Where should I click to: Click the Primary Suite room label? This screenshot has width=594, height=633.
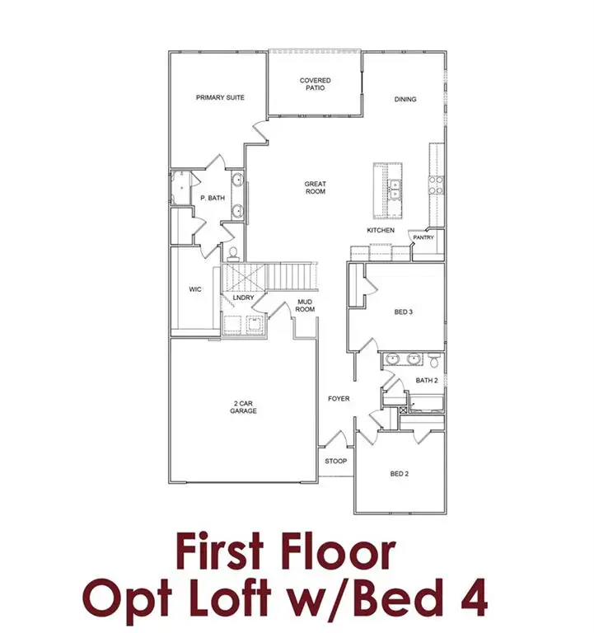click(x=220, y=97)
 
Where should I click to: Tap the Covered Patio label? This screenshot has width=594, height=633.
click(x=315, y=84)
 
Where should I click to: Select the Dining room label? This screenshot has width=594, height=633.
click(x=405, y=99)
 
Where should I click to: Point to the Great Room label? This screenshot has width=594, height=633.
click(x=315, y=187)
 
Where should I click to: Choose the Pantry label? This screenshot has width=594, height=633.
click(x=423, y=237)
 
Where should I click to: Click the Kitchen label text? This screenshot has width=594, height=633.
click(x=381, y=230)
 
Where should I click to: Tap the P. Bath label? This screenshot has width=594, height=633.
click(x=213, y=198)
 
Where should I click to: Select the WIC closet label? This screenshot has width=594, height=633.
click(x=195, y=289)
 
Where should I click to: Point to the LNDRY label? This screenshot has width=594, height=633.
click(x=243, y=298)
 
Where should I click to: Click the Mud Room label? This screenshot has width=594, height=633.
click(x=306, y=306)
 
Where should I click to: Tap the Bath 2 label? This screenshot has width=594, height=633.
click(x=427, y=380)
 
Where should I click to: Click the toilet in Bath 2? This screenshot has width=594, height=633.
click(x=433, y=359)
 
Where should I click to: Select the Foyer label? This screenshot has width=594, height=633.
click(x=339, y=399)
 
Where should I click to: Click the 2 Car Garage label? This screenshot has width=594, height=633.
click(x=243, y=406)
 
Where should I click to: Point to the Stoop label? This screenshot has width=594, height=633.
click(x=335, y=461)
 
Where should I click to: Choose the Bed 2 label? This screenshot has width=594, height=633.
click(x=400, y=474)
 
